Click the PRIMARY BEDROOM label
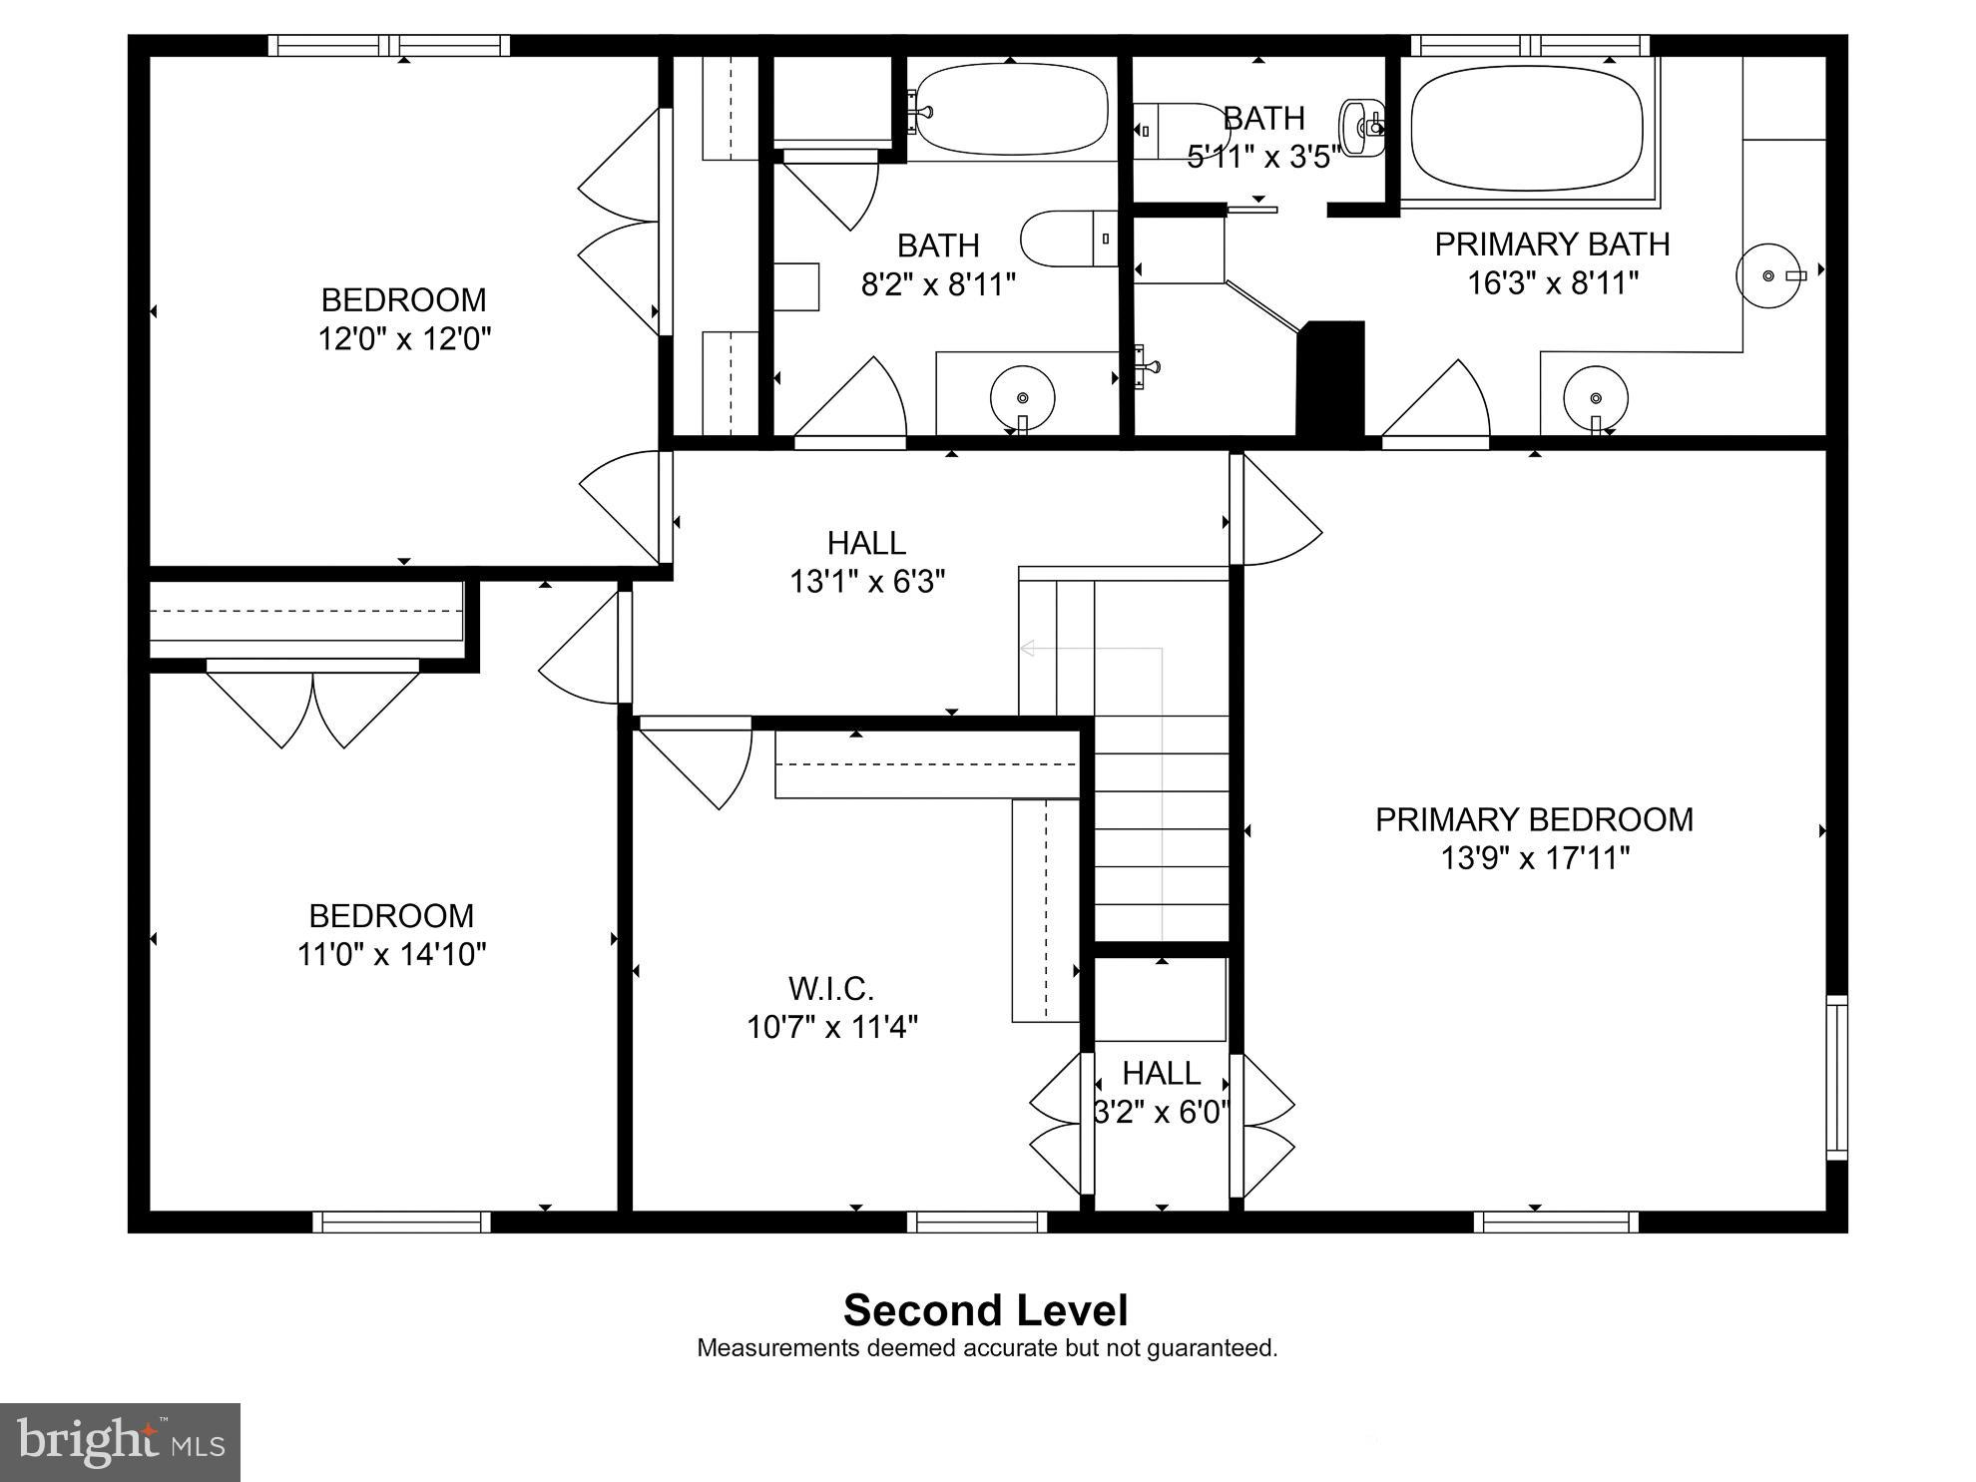1534,819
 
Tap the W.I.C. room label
831,989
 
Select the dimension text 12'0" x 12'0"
404,339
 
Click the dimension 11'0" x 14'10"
391,955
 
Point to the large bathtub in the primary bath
1526,129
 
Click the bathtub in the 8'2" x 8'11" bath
1011,110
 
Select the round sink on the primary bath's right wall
1770,274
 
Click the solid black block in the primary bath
1330,378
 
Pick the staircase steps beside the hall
1162,828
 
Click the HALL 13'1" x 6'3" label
866,562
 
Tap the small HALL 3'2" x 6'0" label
1161,1092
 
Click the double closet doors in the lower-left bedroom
312,705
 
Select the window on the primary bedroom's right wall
1836,1077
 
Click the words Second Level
985,1310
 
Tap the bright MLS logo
120,1442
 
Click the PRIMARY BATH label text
1552,245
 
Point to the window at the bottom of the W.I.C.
977,1222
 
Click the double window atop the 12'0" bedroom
389,46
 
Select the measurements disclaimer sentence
987,1348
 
